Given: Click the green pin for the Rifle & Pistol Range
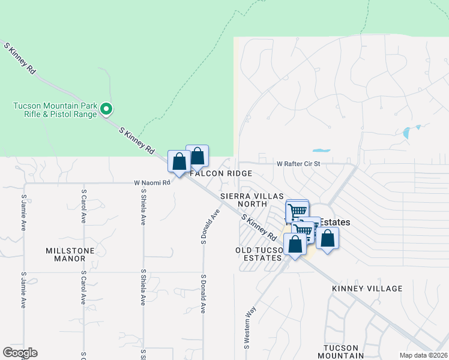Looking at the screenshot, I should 106,109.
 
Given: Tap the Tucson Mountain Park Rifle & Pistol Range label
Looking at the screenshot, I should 55,110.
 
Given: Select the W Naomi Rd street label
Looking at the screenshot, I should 152,182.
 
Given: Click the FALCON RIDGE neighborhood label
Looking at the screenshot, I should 221,173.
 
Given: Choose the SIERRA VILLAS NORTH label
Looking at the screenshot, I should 244,200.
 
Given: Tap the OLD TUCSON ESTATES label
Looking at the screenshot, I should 259,253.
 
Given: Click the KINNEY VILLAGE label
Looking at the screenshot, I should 367,289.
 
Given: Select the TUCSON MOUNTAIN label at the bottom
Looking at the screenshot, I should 349,352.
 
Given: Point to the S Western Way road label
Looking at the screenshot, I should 246,327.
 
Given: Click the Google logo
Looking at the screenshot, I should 20,353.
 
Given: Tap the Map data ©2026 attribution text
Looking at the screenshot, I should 424,355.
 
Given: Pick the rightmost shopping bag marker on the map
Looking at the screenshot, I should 327,238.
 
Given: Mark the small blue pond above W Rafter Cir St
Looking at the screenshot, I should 321,150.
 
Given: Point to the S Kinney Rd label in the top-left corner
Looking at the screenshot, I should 20,58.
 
